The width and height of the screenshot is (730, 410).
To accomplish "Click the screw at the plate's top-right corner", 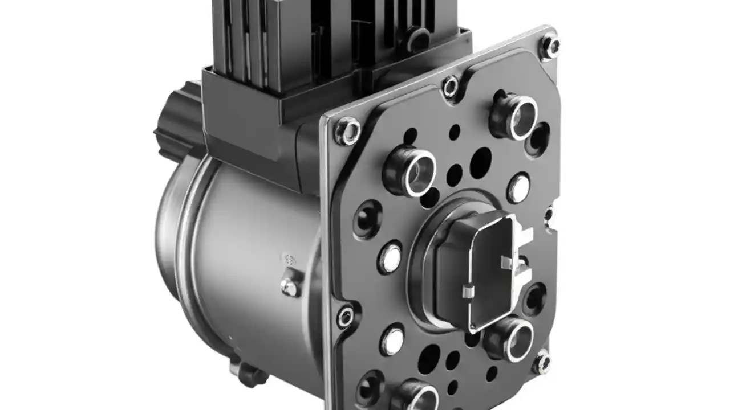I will pyautogui.click(x=550, y=46).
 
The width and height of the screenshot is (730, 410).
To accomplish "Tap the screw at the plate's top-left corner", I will pyautogui.click(x=347, y=131).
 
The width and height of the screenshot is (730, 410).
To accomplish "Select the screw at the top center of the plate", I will pyautogui.click(x=451, y=86).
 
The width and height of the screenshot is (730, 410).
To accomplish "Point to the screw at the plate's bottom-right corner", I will pyautogui.click(x=541, y=362).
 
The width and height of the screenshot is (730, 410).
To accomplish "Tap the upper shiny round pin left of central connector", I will pyautogui.click(x=391, y=257).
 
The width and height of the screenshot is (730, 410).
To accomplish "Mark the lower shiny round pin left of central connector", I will pyautogui.click(x=392, y=339).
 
